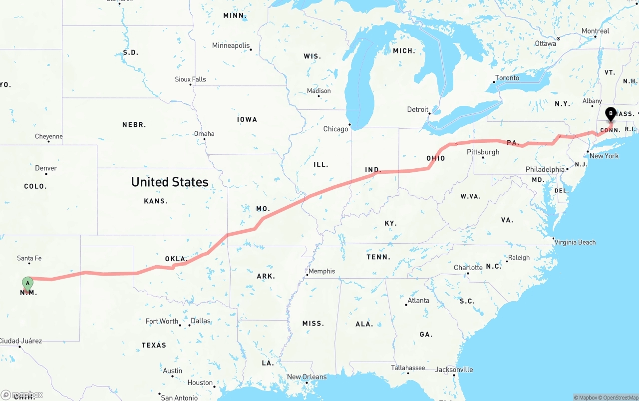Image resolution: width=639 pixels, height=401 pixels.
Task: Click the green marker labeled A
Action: click(27, 283)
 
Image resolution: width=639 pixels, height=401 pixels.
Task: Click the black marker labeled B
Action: click(611, 113)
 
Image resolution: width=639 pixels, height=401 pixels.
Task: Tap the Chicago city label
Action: click(335, 129)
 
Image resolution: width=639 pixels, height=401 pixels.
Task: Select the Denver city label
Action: click(46, 168)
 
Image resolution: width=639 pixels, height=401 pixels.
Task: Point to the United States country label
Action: click(170, 182)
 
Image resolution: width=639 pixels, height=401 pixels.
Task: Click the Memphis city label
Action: click(322, 271)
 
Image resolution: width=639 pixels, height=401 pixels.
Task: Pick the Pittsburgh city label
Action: click(483, 152)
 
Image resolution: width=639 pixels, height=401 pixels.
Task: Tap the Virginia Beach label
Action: click(575, 242)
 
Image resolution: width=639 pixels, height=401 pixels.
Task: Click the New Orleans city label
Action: click(307, 377)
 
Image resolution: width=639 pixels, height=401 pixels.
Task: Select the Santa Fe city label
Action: click(29, 258)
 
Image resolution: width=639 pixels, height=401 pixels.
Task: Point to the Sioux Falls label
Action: click(190, 79)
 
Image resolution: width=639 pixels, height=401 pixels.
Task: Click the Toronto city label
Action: click(507, 78)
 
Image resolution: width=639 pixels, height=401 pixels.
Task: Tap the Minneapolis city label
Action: click(231, 45)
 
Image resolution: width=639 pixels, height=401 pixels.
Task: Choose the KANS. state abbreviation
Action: click(156, 201)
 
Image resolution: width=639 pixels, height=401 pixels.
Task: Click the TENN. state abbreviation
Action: click(378, 257)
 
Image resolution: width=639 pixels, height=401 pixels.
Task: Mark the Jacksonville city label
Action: click(454, 370)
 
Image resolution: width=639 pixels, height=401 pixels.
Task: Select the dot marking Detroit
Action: click(429, 113)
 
